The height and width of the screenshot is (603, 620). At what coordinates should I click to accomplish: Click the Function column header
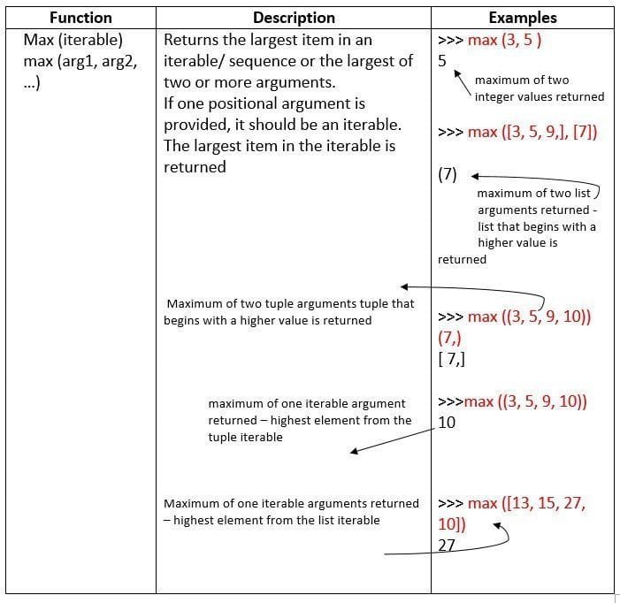[x=80, y=18]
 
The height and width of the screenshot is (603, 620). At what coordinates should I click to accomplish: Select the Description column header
[x=294, y=18]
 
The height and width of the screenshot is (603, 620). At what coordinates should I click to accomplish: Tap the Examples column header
[x=523, y=18]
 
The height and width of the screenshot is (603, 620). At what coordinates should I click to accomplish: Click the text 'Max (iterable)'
[x=73, y=40]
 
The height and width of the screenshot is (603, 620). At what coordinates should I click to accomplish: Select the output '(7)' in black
[x=448, y=174]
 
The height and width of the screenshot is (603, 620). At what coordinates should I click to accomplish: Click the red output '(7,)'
[x=449, y=338]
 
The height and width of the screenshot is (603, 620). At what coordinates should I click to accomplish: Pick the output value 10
[x=447, y=423]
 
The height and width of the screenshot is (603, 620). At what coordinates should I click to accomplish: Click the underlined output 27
[x=447, y=545]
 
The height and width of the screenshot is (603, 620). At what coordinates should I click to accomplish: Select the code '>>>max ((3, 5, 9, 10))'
[x=512, y=401]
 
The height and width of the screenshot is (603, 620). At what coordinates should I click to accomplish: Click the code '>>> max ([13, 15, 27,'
[x=512, y=503]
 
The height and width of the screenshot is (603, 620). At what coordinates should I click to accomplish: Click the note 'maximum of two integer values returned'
[x=539, y=88]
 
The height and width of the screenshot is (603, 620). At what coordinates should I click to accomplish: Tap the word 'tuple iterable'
[x=246, y=437]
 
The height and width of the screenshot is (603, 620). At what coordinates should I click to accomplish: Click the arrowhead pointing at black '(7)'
[x=474, y=175]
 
